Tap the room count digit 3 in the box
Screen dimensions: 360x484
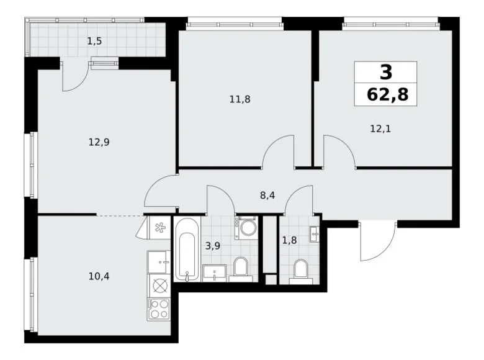pyautogui.click(x=385, y=73)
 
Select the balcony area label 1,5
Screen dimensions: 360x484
pyautogui.click(x=94, y=42)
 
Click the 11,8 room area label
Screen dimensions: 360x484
pyautogui.click(x=240, y=98)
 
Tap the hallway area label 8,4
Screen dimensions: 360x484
pyautogui.click(x=267, y=194)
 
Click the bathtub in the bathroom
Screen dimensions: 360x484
pyautogui.click(x=186, y=248)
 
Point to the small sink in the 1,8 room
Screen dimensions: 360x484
pyautogui.click(x=314, y=233)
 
